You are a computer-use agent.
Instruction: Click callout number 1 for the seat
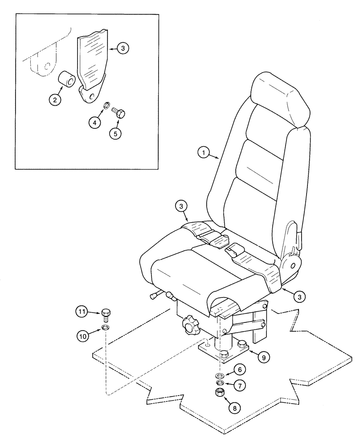(203, 153)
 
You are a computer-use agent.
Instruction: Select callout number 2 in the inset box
(55, 100)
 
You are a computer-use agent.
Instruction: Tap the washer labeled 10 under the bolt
(106, 328)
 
